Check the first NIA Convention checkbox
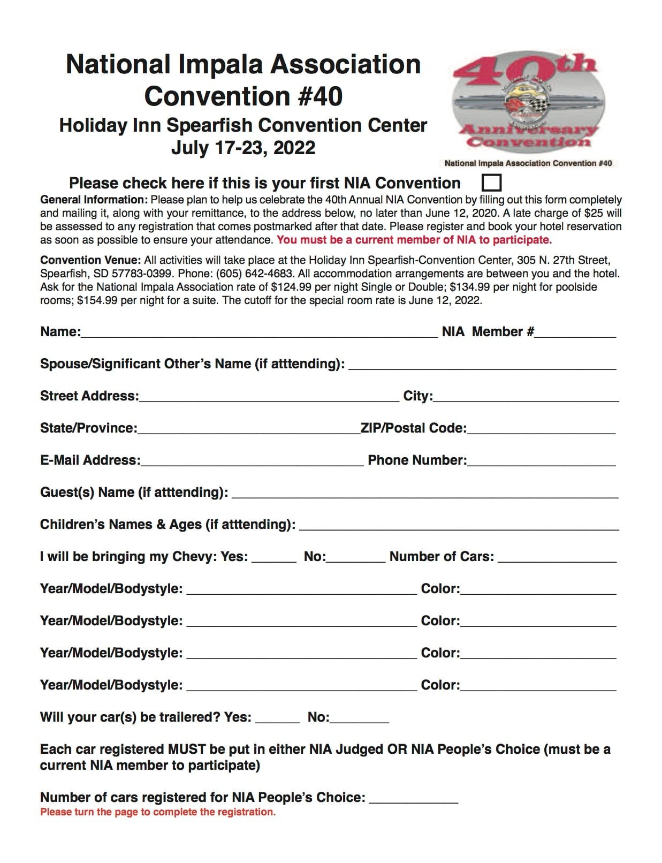click(491, 183)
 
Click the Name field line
click(259, 332)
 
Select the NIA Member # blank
click(575, 332)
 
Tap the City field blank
click(526, 396)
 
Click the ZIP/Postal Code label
click(414, 428)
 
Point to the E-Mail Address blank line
click(252, 460)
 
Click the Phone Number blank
click(541, 460)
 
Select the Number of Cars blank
click(557, 557)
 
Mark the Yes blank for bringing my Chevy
click(274, 557)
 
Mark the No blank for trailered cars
click(359, 717)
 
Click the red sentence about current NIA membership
click(414, 240)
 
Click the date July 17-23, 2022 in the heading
click(243, 148)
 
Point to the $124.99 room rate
click(291, 287)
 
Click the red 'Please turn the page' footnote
click(158, 812)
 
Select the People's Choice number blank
click(414, 798)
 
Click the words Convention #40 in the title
click(244, 96)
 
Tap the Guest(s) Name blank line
click(425, 493)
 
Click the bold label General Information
click(94, 200)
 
